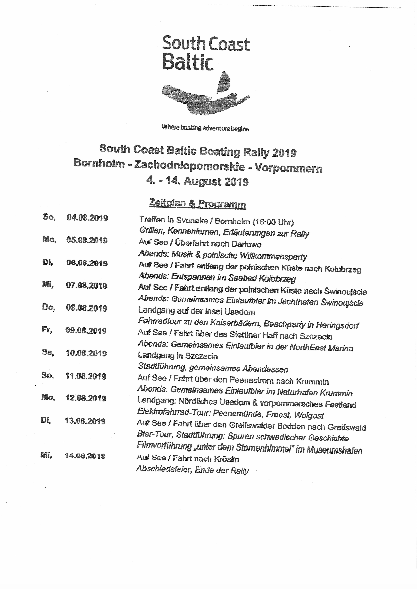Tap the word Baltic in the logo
point(188,63)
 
